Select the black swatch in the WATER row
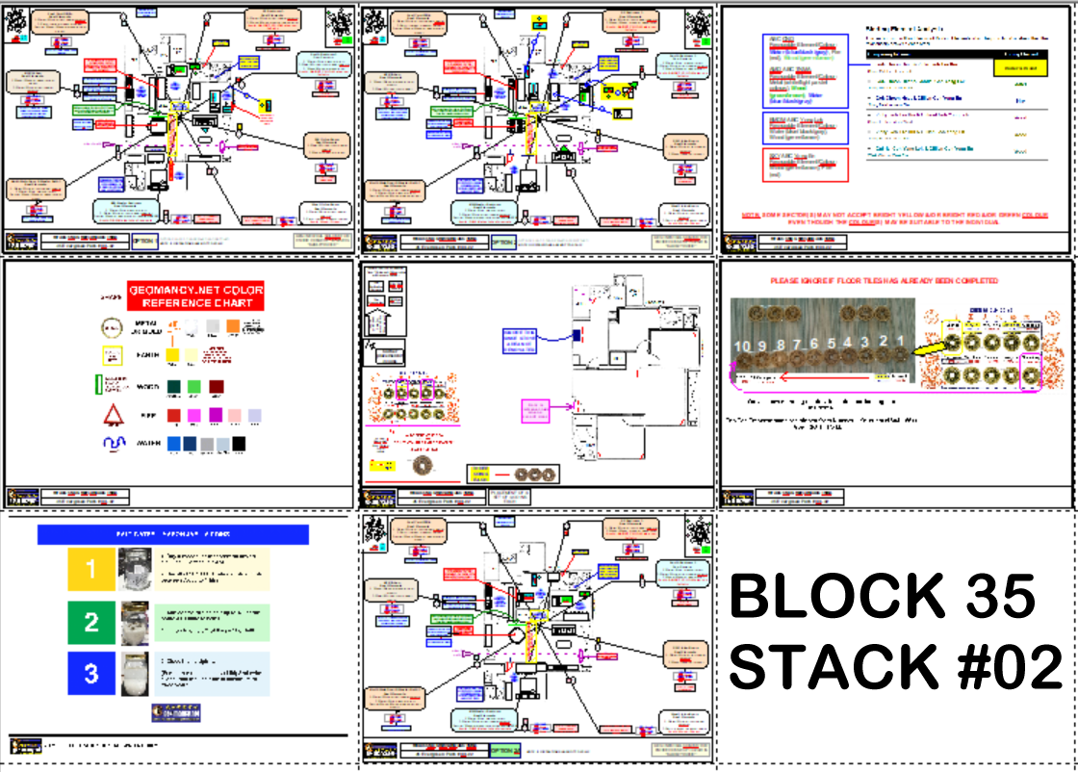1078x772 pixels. pos(238,444)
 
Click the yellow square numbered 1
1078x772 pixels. pos(91,569)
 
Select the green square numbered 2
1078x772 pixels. pos(91,622)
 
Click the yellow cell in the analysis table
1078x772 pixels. pos(1019,68)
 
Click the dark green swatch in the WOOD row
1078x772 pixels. pos(175,387)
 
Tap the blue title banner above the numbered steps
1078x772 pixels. pos(172,533)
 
